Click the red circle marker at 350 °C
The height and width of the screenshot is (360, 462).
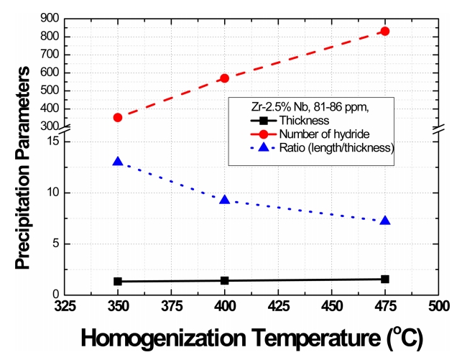118,117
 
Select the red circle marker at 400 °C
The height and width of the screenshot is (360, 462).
225,78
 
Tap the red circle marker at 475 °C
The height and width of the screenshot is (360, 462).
385,31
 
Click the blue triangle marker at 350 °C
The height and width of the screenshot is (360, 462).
118,162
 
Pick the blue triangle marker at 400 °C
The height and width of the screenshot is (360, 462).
225,199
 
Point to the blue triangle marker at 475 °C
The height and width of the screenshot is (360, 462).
385,220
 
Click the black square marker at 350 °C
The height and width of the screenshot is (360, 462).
118,282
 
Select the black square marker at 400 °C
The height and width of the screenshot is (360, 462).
225,280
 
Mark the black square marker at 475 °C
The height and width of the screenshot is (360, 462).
385,279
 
